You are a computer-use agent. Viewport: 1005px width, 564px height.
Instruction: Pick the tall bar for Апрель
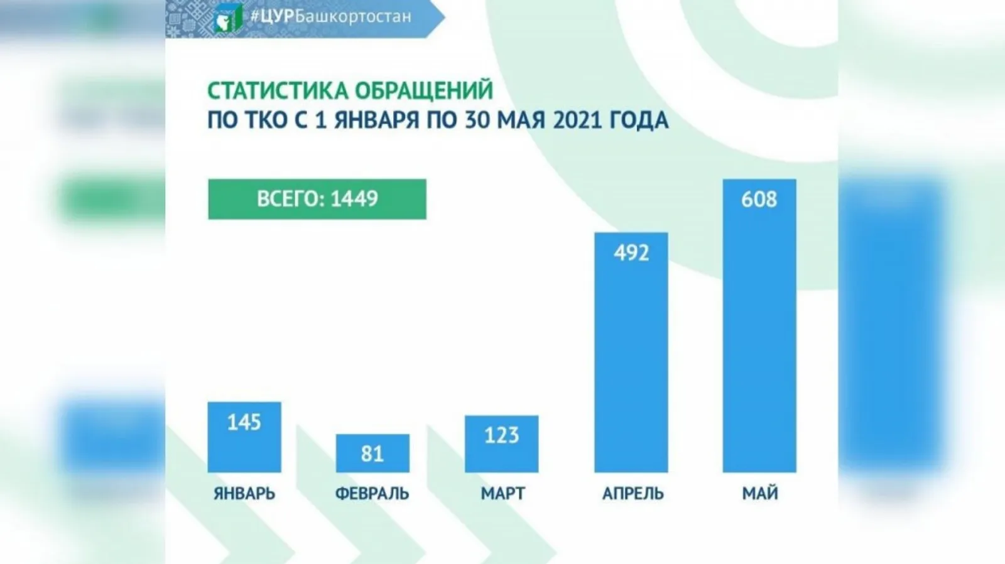(x=631, y=364)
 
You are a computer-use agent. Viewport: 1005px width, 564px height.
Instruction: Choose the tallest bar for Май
(x=759, y=339)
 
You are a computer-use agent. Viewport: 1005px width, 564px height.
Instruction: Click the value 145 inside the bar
(x=244, y=422)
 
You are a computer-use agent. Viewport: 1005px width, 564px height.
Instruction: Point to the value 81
(x=372, y=454)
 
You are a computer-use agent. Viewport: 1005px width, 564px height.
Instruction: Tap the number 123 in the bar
(x=501, y=435)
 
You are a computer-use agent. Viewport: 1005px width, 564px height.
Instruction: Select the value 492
(x=631, y=253)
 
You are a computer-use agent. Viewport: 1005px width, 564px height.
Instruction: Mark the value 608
(x=759, y=200)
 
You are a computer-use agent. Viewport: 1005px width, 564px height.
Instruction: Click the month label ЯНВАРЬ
(x=244, y=494)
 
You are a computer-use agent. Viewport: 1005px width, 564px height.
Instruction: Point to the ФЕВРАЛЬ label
(x=372, y=494)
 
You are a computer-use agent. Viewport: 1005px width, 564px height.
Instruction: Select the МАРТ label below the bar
(x=503, y=494)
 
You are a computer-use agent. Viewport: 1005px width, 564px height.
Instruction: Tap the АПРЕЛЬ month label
(x=633, y=494)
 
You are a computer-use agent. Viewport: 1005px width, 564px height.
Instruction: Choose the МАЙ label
(x=760, y=494)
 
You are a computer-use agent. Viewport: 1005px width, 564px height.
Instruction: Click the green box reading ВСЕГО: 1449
(x=317, y=199)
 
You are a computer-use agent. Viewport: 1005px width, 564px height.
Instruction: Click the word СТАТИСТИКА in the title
(x=279, y=91)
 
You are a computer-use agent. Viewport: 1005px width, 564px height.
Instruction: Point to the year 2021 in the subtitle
(x=577, y=120)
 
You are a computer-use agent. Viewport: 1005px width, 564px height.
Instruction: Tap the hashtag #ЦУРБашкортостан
(x=330, y=16)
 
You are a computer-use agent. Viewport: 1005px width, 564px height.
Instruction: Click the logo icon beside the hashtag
(x=227, y=18)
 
